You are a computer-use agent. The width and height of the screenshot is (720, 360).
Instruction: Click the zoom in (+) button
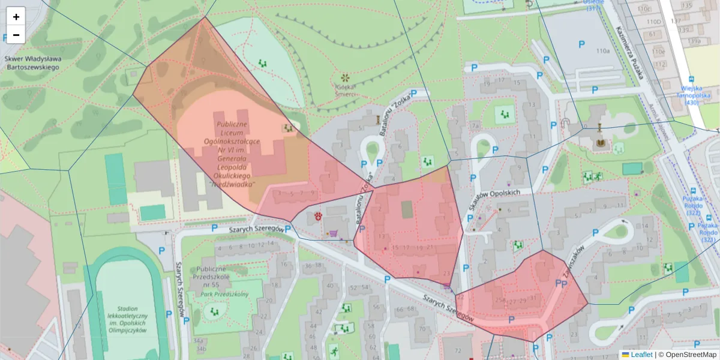tap(16, 17)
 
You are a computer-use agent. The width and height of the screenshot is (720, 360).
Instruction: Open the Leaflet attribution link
tap(641, 355)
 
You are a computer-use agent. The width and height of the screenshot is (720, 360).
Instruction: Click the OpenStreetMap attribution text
tap(690, 355)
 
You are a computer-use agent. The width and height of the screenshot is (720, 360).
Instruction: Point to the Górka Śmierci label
tap(345, 89)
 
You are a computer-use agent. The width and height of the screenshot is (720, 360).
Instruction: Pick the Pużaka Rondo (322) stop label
tap(708, 229)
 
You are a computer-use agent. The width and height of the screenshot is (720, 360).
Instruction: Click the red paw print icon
tap(317, 215)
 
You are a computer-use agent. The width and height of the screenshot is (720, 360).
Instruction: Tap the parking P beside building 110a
tap(581, 44)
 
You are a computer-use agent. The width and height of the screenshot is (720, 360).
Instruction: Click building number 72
tap(458, 350)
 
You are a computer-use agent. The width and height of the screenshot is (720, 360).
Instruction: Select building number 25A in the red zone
tap(499, 300)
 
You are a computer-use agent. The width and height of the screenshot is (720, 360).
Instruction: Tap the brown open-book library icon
tap(599, 144)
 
